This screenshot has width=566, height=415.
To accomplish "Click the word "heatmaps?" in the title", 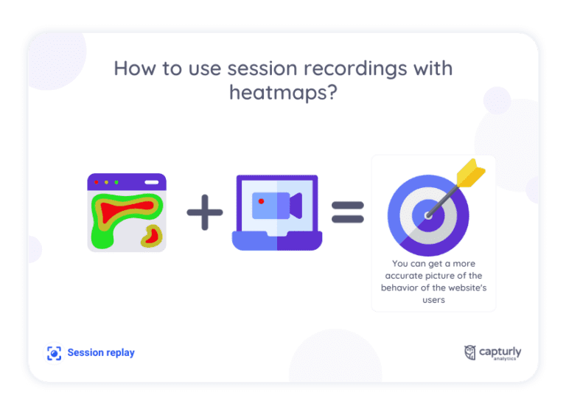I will point(283,94).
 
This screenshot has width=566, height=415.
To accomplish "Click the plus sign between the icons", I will point(205,213).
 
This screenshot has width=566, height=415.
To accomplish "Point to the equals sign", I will point(348,213).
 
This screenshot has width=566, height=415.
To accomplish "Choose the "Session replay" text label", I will point(101,353).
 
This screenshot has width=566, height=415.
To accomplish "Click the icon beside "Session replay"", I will point(54,353).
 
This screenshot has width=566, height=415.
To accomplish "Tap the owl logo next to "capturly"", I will point(469,353).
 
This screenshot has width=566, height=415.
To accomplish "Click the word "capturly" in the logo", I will point(500,351).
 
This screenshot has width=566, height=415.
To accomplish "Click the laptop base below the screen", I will point(276,242).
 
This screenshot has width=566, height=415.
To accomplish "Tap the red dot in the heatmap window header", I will point(97,181).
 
